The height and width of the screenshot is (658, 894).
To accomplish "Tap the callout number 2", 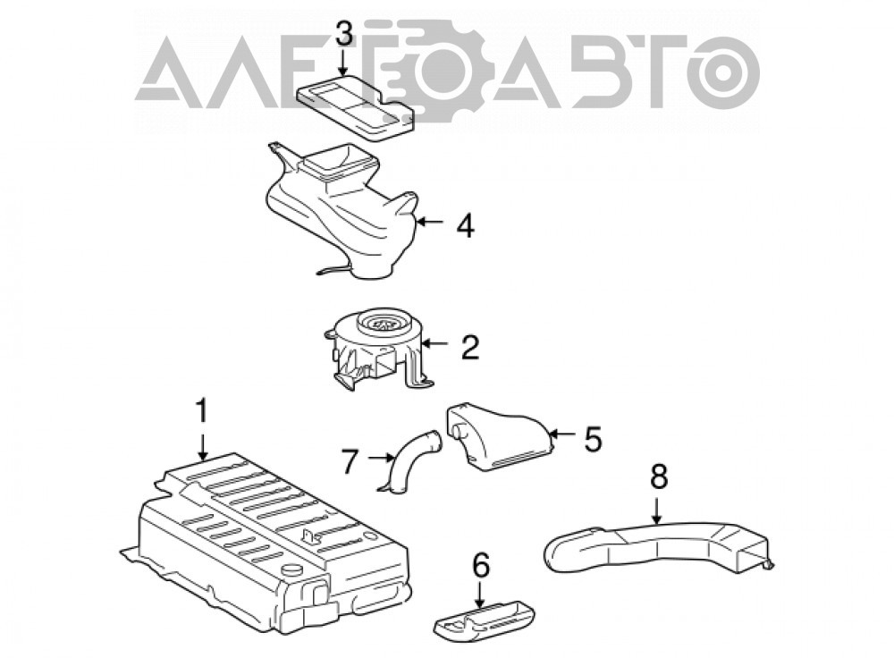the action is [470, 346].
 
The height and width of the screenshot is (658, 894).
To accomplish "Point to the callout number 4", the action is [465, 226].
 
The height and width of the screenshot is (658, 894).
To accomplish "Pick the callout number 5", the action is [592, 438].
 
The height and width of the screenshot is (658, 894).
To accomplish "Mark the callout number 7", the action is [350, 461].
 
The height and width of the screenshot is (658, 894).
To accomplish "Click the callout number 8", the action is [658, 477].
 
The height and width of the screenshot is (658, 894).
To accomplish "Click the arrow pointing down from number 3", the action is [343, 63].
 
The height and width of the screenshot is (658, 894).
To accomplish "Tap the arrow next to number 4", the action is [431, 222].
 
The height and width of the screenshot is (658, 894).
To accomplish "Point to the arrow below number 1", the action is [202, 449].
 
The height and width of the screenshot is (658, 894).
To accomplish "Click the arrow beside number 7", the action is [379, 458].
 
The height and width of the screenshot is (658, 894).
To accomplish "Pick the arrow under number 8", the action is [657, 510].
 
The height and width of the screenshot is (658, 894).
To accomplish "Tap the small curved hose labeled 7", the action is [409, 463].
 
